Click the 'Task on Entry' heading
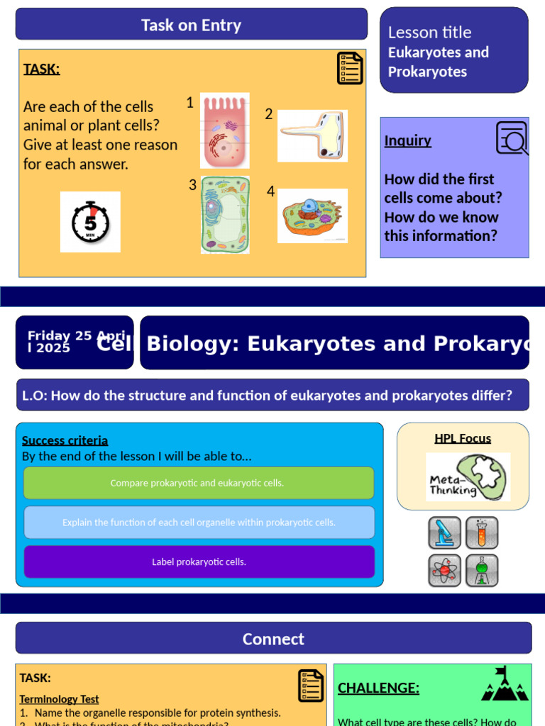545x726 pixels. click(191, 25)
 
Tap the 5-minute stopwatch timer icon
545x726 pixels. click(90, 222)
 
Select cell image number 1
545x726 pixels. click(224, 130)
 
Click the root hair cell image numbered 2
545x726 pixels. click(312, 135)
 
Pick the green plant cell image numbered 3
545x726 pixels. click(225, 215)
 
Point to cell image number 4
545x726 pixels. click(312, 216)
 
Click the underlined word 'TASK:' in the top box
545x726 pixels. click(41, 69)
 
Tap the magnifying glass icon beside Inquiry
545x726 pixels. click(512, 138)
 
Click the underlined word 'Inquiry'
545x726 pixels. click(407, 140)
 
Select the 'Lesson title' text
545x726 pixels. click(429, 32)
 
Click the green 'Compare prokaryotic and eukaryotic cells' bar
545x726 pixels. click(198, 483)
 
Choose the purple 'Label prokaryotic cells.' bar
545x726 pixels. click(199, 562)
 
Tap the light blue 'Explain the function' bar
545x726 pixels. click(199, 523)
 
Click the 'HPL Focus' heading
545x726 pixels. click(463, 438)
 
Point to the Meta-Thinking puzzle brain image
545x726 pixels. click(468, 477)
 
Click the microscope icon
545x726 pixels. click(445, 532)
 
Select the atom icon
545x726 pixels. click(445, 570)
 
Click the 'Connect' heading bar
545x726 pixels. click(273, 638)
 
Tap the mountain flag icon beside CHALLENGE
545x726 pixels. click(504, 684)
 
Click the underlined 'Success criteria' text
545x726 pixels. click(65, 440)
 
